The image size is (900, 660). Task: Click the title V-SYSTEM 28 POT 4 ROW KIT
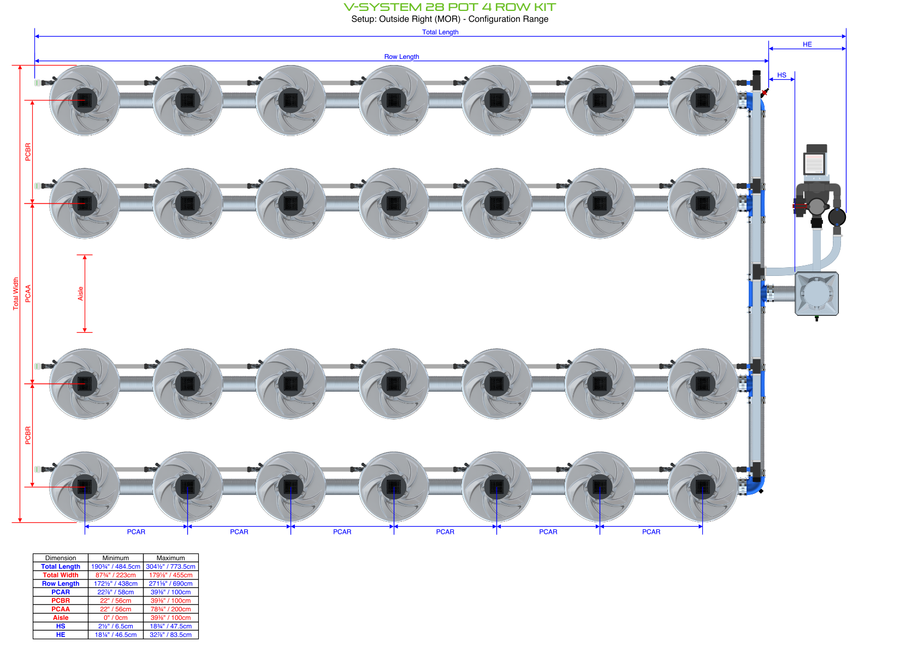click(449, 7)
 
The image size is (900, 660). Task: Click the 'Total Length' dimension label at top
click(440, 32)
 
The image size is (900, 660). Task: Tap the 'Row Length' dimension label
click(401, 57)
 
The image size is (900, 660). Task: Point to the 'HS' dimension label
click(781, 75)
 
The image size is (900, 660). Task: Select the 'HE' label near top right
click(807, 45)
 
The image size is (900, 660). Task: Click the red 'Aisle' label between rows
click(80, 293)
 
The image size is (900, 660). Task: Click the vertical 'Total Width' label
click(16, 293)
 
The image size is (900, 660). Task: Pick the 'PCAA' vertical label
click(28, 293)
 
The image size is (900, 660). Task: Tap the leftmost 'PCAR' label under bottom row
click(136, 532)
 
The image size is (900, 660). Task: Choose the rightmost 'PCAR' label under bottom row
click(651, 532)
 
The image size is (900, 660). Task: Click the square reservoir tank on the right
click(816, 293)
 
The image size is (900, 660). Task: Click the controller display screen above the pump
click(814, 163)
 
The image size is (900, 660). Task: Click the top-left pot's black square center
click(85, 101)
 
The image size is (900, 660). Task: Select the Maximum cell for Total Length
click(170, 567)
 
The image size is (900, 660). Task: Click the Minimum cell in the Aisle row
click(115, 617)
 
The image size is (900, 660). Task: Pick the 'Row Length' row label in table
click(61, 584)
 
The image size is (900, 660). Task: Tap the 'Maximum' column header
click(170, 558)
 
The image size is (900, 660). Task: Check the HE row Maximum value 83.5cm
click(170, 635)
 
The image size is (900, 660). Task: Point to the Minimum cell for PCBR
click(115, 600)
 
